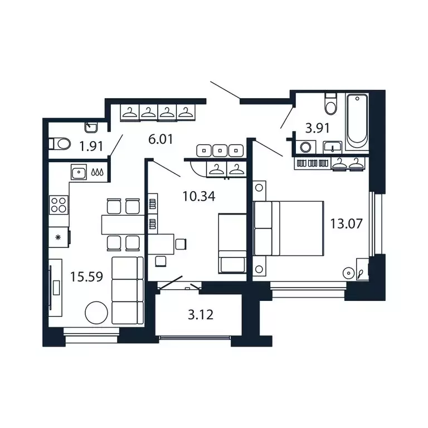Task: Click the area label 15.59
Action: tap(87, 276)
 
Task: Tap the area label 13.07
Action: tap(346, 224)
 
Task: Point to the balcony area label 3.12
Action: tap(200, 315)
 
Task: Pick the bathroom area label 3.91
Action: tap(318, 128)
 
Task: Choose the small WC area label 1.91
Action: tap(91, 147)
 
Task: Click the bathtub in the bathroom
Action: tap(357, 121)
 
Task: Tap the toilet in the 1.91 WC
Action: tap(60, 144)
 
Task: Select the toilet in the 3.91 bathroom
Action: tap(331, 104)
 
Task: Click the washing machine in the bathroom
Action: tap(305, 148)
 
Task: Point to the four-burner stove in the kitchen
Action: tap(58, 205)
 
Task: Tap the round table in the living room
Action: tap(96, 313)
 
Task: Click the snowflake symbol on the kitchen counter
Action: tap(57, 237)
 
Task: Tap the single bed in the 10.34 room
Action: tap(231, 242)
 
